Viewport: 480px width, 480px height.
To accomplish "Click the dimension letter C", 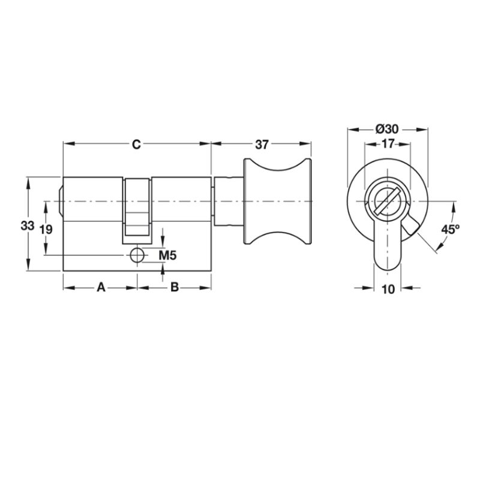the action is (x=136, y=144).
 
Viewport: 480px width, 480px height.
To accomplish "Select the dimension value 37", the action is (x=262, y=145).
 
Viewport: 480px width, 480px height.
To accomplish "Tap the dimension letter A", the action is (x=101, y=288).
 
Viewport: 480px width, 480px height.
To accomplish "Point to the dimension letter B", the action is (x=175, y=288).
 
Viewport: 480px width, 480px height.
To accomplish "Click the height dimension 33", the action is (x=28, y=226).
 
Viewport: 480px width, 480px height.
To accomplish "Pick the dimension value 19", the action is (x=46, y=229).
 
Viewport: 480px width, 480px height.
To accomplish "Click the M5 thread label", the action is (x=167, y=255).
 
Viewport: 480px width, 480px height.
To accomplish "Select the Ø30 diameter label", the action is (x=387, y=129).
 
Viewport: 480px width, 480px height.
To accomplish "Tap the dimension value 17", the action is (x=388, y=143).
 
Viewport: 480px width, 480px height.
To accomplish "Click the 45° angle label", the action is (x=451, y=229).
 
